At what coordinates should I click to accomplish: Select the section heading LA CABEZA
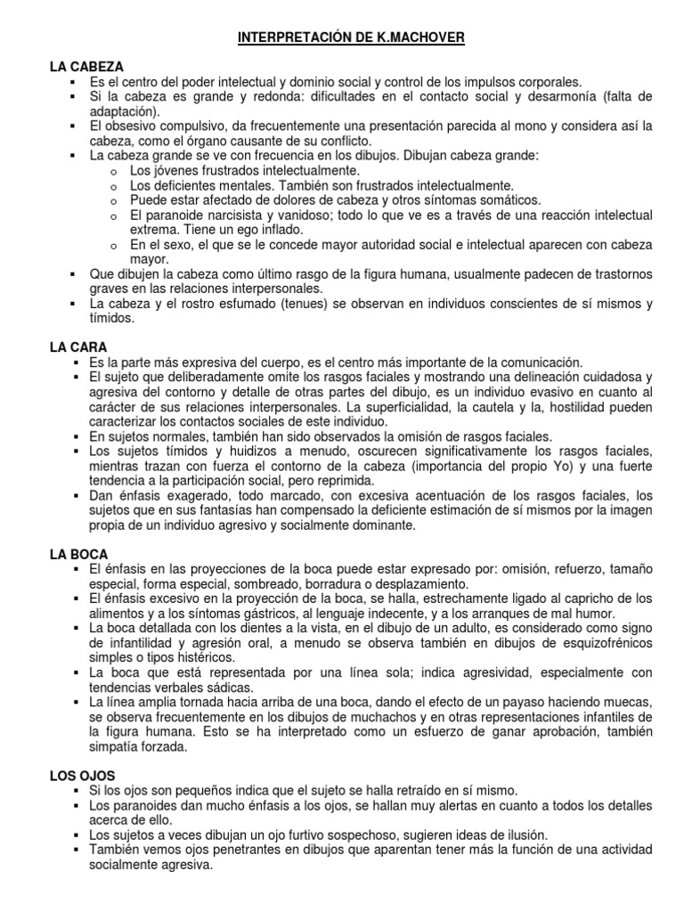coord(86,66)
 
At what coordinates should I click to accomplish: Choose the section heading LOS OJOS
coord(83,750)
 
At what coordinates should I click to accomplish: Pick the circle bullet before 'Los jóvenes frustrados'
coord(114,171)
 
